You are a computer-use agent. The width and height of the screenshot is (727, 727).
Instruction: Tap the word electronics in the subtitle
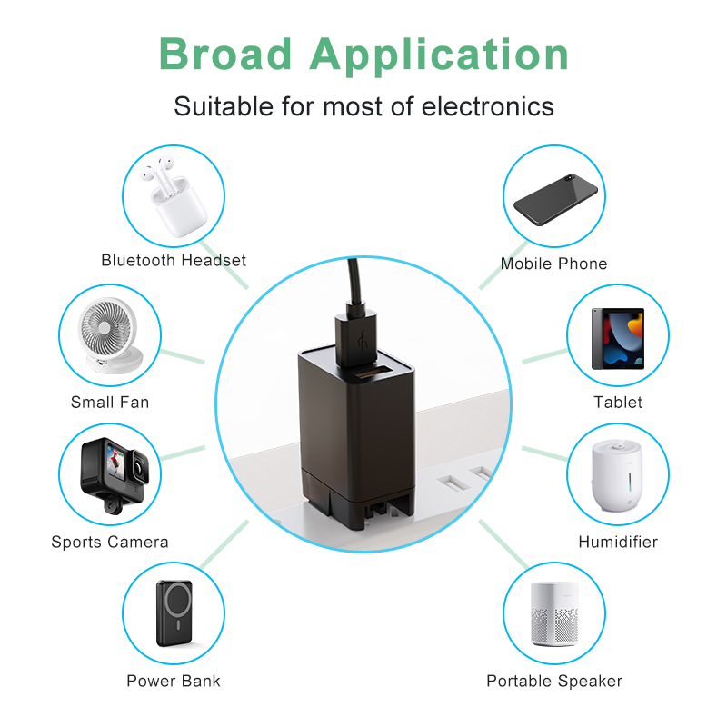(x=487, y=106)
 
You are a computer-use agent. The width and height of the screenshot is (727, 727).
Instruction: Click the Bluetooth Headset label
(x=174, y=261)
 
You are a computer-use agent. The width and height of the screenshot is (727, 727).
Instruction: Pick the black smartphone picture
(x=553, y=197)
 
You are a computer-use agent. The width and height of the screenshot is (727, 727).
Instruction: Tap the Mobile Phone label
(x=553, y=264)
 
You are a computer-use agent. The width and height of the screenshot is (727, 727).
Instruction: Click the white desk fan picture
(x=110, y=335)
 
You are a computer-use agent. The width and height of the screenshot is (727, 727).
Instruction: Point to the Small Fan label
(x=110, y=402)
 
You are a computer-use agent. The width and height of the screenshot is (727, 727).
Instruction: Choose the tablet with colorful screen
(x=618, y=337)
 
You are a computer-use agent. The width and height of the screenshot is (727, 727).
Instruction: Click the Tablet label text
(x=618, y=402)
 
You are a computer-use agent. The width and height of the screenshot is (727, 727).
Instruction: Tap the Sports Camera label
(x=110, y=543)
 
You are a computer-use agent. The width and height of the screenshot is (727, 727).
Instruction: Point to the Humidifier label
(x=618, y=543)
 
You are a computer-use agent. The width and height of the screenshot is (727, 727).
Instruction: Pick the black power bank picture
(x=174, y=612)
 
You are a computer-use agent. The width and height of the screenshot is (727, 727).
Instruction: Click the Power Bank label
(x=174, y=681)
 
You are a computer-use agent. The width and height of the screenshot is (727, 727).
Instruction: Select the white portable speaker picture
(x=553, y=612)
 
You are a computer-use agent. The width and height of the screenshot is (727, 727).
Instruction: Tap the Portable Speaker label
(x=553, y=681)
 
